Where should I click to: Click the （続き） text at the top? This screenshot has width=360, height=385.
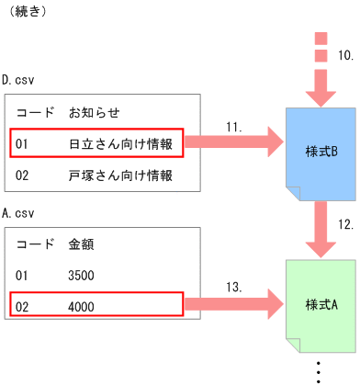click(28, 14)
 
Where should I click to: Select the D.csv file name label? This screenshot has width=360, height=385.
click(21, 81)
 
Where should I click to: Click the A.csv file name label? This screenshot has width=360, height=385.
click(21, 213)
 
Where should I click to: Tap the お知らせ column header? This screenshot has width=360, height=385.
click(95, 112)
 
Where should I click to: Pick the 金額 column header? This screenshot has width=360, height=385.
click(82, 245)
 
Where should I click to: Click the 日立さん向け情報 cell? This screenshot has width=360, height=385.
click(120, 144)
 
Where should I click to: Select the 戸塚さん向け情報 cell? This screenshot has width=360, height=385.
click(120, 176)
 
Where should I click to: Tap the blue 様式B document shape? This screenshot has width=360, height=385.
click(321, 151)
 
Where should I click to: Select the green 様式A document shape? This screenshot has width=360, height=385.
click(321, 304)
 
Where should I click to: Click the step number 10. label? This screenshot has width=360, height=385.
click(346, 55)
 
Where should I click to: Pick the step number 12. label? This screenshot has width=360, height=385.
click(346, 224)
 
